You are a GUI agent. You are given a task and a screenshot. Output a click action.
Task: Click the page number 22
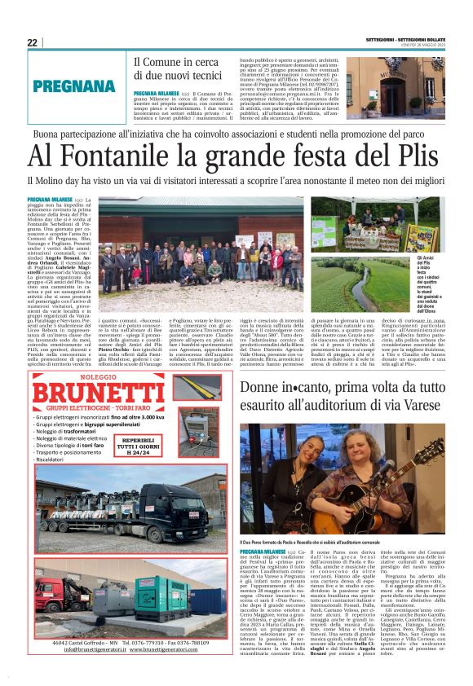33,42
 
